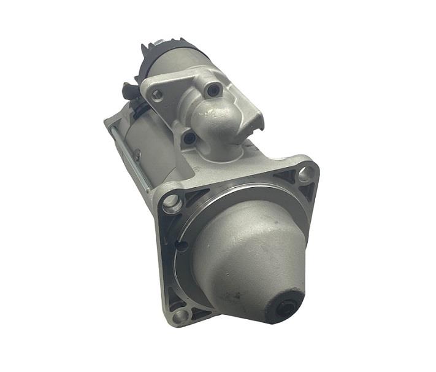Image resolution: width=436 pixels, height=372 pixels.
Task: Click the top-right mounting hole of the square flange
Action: (305, 174)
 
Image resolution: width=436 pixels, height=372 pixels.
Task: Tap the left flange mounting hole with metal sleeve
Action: (171, 201)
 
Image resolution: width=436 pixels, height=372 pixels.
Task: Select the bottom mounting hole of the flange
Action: (180, 316)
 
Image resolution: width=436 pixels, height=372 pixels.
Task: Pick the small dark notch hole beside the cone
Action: (182, 246)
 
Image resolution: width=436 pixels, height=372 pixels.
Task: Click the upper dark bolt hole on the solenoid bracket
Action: (213, 90)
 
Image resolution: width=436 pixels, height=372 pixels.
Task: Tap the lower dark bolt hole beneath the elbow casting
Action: (190, 138)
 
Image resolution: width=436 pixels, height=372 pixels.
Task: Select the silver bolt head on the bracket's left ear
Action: (158, 95)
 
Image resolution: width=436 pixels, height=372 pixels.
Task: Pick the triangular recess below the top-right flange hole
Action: (305, 193)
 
